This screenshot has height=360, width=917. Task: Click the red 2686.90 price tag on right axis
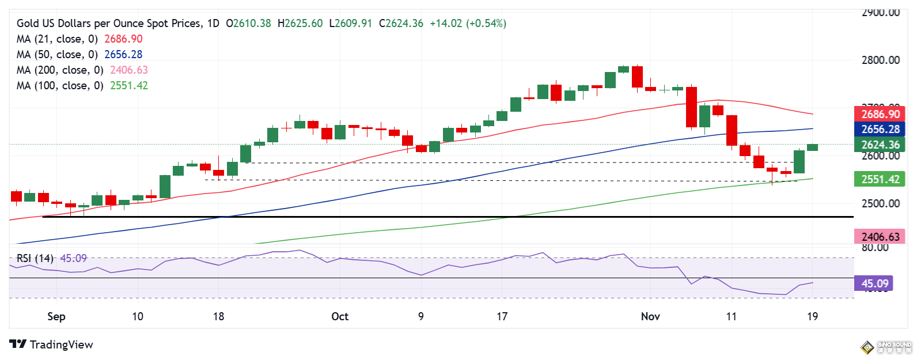880,114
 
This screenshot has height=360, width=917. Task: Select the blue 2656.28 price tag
880,130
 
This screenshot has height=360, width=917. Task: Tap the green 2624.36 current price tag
880,145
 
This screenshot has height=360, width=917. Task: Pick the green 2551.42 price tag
880,179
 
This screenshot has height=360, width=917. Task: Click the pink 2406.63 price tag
880,237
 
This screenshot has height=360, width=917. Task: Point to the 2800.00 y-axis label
880,60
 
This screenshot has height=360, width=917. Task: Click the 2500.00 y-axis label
880,203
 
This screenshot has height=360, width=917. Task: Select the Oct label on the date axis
340,316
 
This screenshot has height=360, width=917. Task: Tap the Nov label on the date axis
650,316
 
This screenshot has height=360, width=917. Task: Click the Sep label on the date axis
56,316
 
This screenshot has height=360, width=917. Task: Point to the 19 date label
812,316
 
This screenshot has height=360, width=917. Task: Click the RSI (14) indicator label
35,259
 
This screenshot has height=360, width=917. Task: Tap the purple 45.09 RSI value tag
874,283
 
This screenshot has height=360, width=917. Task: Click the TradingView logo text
60,344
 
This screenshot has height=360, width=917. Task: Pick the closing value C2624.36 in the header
401,23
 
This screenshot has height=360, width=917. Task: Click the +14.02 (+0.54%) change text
468,23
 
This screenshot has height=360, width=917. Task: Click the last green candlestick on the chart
812,147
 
